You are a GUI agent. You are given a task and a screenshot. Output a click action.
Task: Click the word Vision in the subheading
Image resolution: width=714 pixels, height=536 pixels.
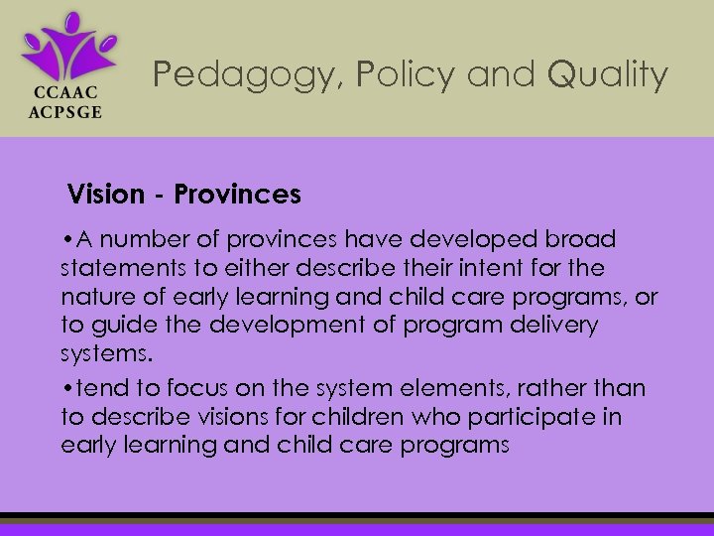[x=106, y=195]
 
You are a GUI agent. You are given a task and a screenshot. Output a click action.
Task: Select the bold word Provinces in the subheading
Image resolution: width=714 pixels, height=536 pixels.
[x=237, y=195]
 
